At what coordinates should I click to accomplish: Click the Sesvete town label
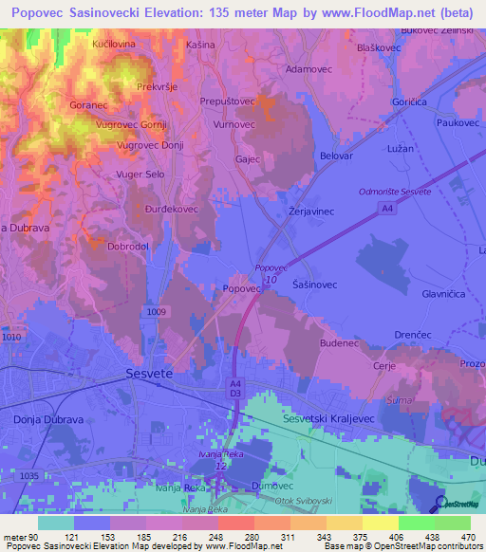coord(149,375)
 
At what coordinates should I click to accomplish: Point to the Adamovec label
coord(310,70)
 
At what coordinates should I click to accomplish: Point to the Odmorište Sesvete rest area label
coord(394,192)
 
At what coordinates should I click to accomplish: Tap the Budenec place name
coord(339,342)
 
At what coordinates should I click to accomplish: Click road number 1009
coord(159,311)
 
